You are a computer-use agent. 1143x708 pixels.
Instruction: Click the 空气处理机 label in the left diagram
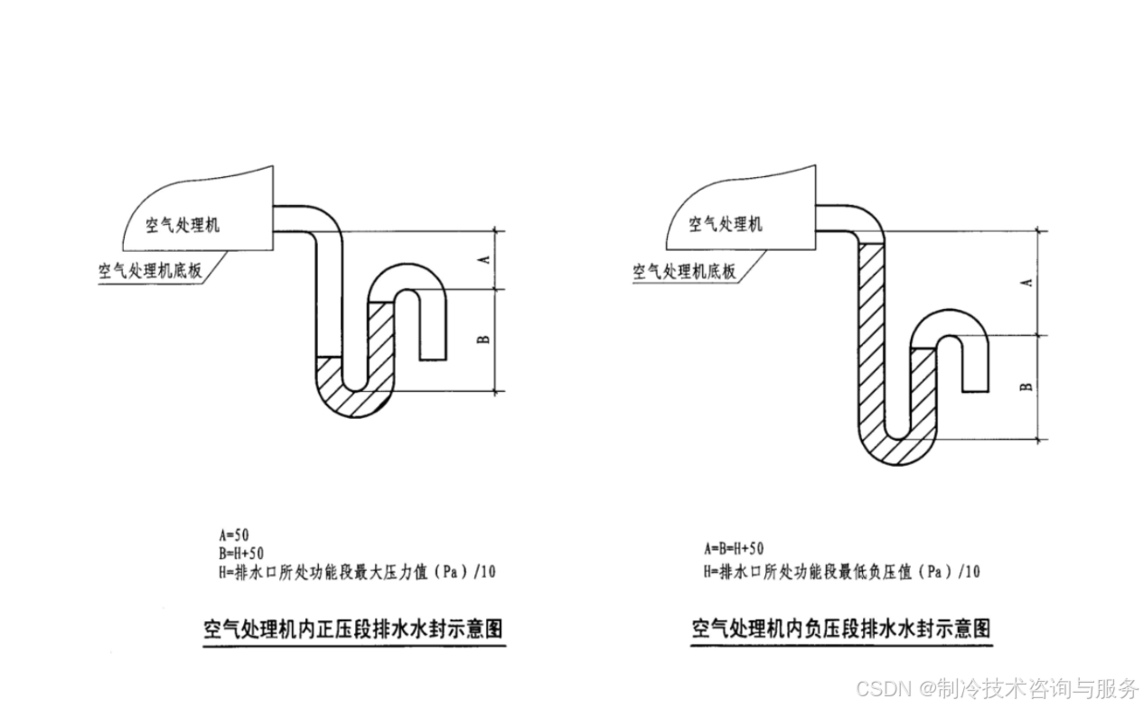(x=183, y=225)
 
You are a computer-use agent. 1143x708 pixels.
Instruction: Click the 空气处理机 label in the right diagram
(x=726, y=224)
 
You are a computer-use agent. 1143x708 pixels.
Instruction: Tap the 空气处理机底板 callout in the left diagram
(x=149, y=270)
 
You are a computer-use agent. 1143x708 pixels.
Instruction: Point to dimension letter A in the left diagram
(x=483, y=260)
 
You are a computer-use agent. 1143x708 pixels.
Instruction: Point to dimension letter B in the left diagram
(x=483, y=339)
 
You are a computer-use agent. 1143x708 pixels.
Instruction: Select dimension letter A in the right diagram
(x=1026, y=283)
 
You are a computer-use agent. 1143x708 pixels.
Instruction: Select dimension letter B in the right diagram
(x=1026, y=387)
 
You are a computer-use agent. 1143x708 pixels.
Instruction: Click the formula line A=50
(x=234, y=534)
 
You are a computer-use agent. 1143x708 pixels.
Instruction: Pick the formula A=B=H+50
(x=734, y=548)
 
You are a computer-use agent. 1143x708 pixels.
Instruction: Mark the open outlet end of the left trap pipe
(x=435, y=358)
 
